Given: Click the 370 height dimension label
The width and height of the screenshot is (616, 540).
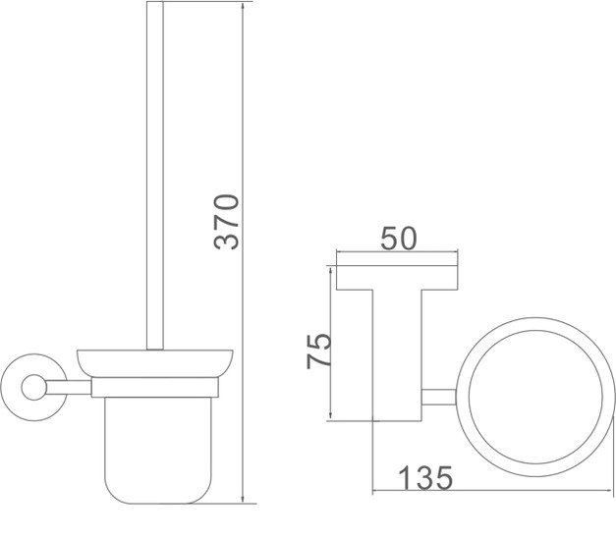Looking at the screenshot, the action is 227,222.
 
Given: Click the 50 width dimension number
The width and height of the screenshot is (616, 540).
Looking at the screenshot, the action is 398,239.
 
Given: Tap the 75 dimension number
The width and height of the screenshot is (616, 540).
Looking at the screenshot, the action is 319,351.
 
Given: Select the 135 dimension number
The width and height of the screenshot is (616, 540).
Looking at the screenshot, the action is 425,477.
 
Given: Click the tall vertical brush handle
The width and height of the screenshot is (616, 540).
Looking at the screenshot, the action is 155,176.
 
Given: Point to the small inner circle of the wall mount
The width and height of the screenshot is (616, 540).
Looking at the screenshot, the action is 34,388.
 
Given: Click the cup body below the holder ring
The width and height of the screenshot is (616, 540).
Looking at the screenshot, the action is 158,450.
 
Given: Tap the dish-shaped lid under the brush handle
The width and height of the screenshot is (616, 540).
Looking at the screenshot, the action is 155,363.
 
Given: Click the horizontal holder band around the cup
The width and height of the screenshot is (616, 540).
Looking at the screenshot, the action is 155,388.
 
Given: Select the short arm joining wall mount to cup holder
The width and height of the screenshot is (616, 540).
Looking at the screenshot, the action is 69,388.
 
